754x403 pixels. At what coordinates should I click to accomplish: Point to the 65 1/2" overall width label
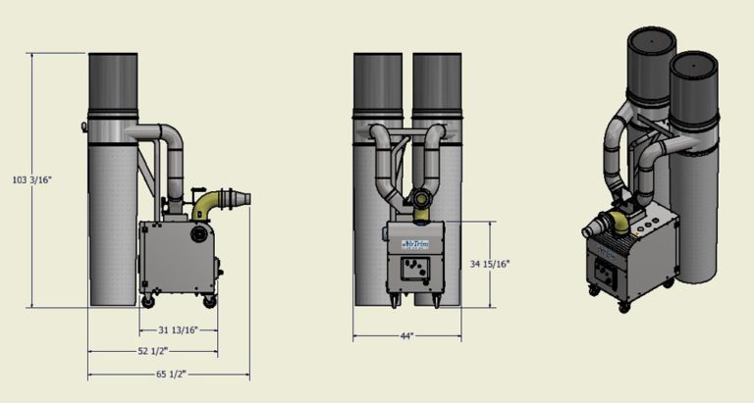pyautogui.click(x=168, y=374)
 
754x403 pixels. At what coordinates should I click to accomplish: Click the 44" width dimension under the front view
pyautogui.click(x=405, y=336)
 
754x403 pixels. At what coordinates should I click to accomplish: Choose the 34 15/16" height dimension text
pyautogui.click(x=491, y=263)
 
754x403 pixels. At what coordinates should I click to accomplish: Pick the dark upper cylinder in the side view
pyautogui.click(x=117, y=83)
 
